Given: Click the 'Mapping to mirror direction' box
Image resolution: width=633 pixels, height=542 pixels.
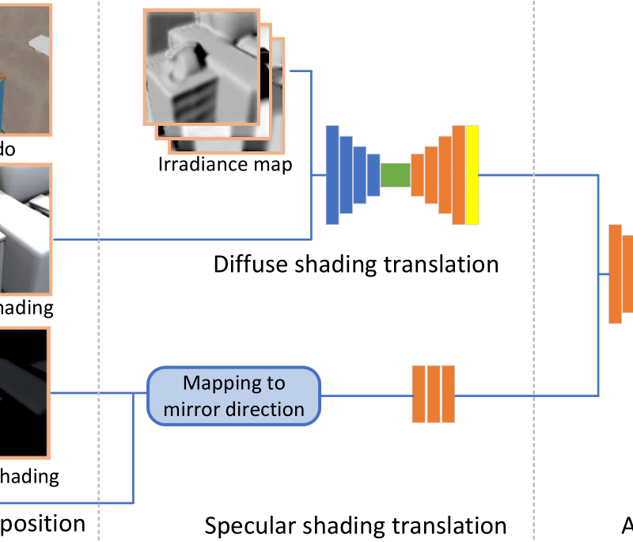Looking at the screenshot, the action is pos(233,395).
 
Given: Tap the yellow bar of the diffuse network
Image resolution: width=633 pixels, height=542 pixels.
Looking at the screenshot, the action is pos(472,174).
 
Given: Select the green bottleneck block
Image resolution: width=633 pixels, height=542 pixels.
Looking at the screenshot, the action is pos(395,174).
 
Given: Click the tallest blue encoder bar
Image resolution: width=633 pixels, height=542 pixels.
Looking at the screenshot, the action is pos(332,174).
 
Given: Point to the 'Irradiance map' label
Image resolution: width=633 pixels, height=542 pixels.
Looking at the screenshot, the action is pos(225,165).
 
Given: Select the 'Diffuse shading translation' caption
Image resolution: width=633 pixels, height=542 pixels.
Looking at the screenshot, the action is pos(356,263).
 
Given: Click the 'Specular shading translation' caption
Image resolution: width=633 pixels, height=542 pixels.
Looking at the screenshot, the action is pos(355,525).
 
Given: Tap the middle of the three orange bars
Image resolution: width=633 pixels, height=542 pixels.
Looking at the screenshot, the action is pos(434,394).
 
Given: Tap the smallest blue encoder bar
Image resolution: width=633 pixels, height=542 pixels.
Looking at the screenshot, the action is pos(372,174).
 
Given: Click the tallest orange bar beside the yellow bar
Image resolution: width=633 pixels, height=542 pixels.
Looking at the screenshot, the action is pos(458,174).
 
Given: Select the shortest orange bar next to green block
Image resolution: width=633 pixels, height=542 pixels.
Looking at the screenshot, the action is pos(417,174).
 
